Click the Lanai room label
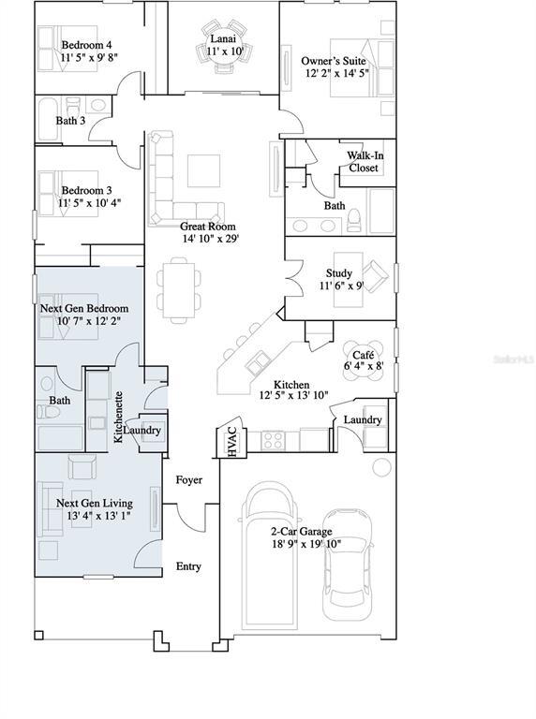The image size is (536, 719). [223, 39]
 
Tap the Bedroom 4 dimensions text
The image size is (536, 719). [90, 57]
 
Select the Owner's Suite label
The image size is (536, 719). [334, 61]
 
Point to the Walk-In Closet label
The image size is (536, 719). [365, 161]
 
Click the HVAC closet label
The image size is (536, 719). [232, 441]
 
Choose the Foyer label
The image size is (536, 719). [189, 480]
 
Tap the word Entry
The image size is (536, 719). [188, 566]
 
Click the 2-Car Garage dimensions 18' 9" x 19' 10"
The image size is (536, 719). [306, 544]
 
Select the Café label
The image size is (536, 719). [364, 355]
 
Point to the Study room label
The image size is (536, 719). [339, 273]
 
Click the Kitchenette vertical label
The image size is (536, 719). [118, 417]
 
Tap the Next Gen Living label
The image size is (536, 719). [95, 503]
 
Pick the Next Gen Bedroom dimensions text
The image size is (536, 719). [89, 321]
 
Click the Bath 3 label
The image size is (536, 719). [70, 121]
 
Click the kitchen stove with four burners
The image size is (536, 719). [273, 440]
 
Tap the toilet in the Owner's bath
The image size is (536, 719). [354, 221]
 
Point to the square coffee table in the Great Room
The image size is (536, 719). [203, 170]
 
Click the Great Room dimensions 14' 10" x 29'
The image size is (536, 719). [211, 239]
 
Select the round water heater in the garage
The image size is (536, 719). [381, 467]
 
